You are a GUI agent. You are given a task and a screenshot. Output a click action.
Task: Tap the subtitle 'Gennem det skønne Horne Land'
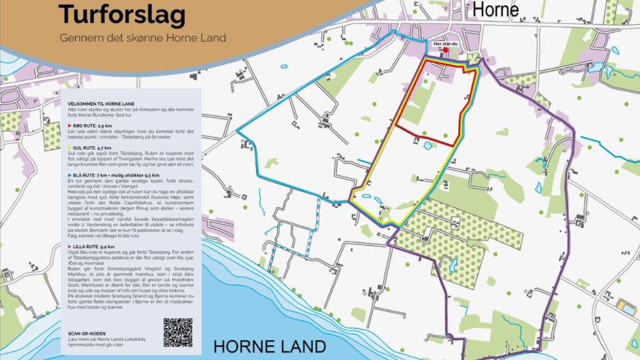(x=142, y=37)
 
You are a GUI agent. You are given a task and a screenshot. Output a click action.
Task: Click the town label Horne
(x=496, y=9)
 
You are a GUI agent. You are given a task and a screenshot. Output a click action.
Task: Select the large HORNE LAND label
(x=269, y=346)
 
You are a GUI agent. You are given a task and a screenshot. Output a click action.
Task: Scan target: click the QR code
(x=178, y=332)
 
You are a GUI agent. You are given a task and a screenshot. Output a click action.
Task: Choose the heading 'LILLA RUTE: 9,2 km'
(x=94, y=247)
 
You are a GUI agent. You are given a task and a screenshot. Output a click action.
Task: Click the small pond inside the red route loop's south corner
(x=428, y=146)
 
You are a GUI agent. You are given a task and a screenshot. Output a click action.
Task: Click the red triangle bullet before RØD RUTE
(x=70, y=126)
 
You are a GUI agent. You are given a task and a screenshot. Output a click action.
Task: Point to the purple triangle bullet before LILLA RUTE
(x=70, y=247)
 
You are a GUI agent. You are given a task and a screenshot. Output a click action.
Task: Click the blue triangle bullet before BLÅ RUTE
(x=70, y=176)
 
